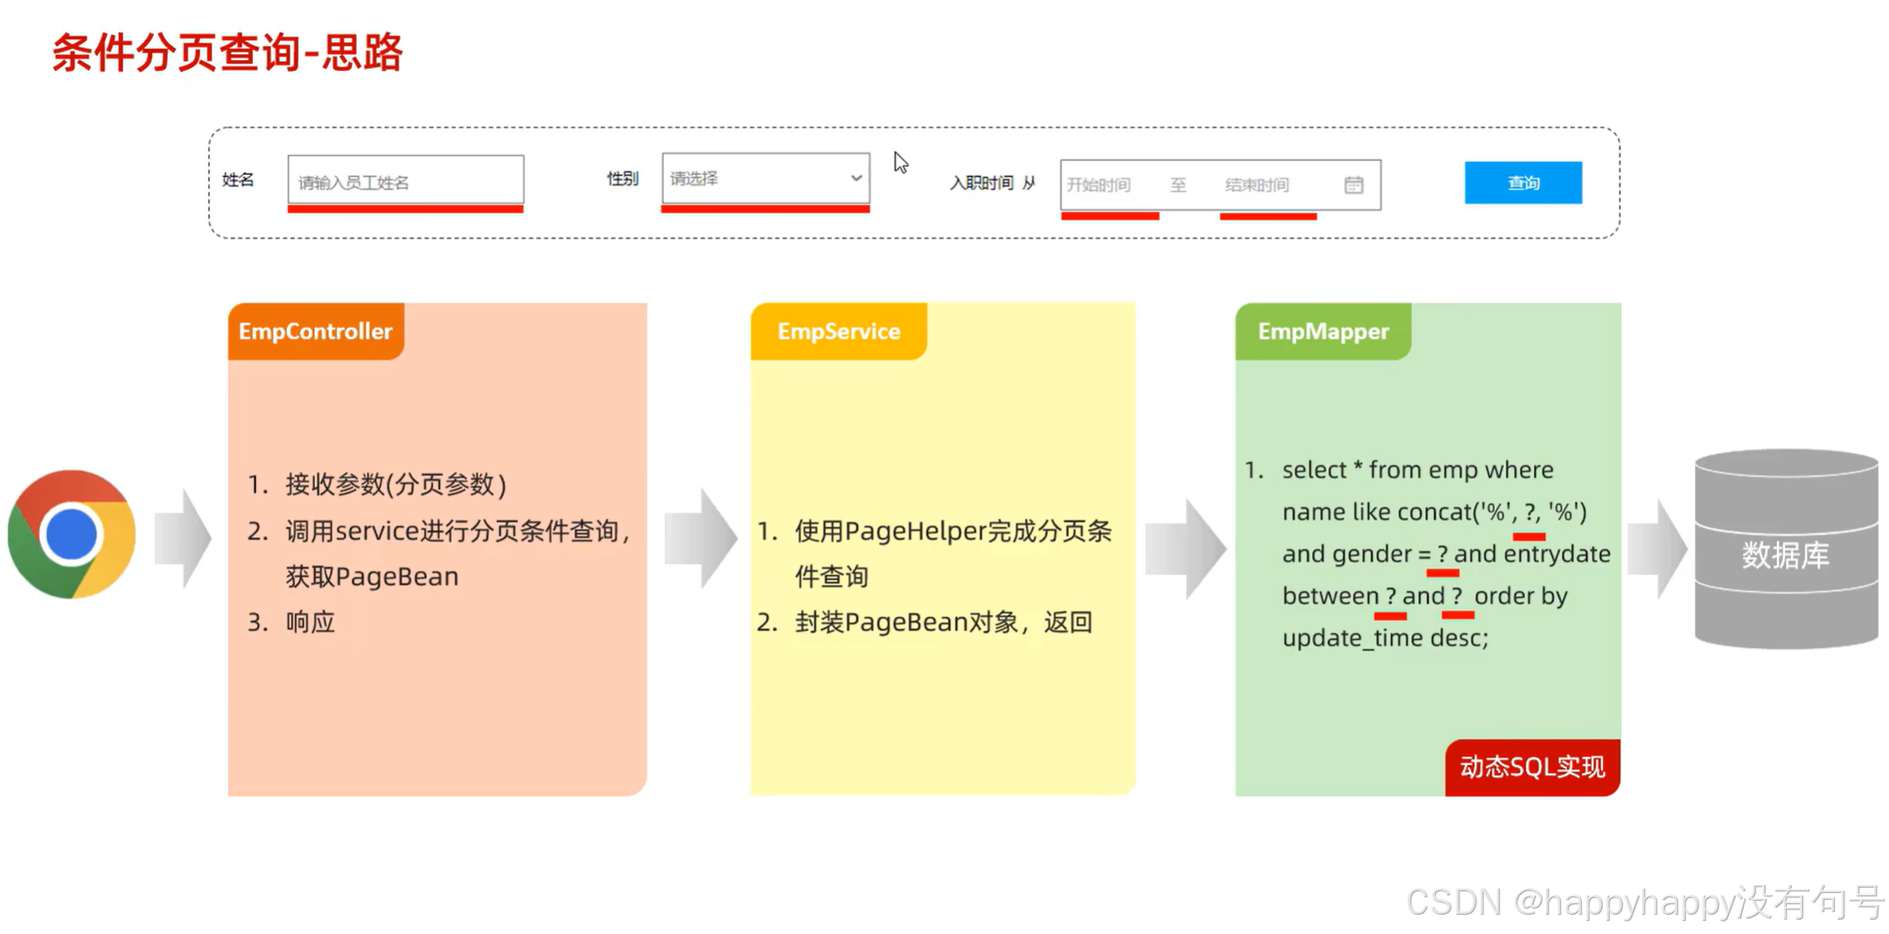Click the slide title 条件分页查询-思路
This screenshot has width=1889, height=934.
[x=227, y=52]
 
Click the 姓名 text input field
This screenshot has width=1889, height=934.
[x=405, y=181]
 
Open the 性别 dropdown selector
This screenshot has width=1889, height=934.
[x=765, y=178]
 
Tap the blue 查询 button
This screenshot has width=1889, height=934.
[x=1522, y=183]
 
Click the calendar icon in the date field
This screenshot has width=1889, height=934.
[x=1353, y=185]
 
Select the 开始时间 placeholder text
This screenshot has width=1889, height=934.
[x=1098, y=185]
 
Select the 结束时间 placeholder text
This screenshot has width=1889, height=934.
[x=1256, y=185]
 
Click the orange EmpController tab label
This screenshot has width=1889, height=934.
[x=315, y=331]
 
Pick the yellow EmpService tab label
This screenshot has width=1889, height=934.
[x=838, y=331]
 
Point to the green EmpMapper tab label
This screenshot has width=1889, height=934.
[x=1322, y=331]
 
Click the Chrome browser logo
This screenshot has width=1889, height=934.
[x=72, y=534]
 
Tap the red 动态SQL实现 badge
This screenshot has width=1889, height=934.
[x=1531, y=767]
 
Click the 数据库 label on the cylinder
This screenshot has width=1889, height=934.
[x=1785, y=555]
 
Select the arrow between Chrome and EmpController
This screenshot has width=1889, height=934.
[x=183, y=537]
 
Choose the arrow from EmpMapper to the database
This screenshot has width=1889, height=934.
[x=1656, y=548]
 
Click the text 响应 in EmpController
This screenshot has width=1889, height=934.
[x=311, y=622]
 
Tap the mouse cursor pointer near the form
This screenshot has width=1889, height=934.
[x=900, y=163]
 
